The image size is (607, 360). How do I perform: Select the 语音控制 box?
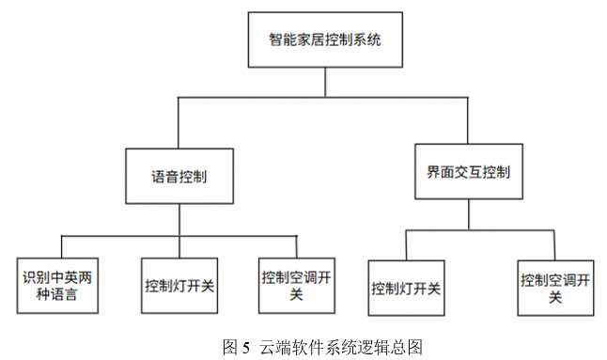coord(179,176)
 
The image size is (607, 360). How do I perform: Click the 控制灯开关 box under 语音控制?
coord(179,284)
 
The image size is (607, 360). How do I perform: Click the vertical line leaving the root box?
coord(324,82)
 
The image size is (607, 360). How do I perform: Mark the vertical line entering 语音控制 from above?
coord(179,122)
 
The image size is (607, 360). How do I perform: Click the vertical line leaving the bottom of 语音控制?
coord(179,220)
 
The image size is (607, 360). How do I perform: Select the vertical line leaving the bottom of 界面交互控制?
coord(468,214)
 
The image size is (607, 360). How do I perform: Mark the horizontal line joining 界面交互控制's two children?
coord(480,228)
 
